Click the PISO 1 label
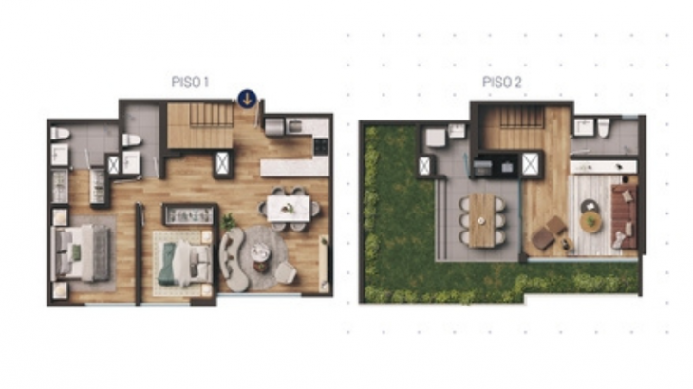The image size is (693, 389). pyautogui.click(x=190, y=83)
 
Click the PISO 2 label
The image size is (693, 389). pyautogui.click(x=501, y=83)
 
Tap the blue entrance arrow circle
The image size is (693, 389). pyautogui.click(x=247, y=99)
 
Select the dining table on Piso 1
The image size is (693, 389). pyautogui.click(x=289, y=208)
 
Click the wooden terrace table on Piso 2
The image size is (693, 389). pyautogui.click(x=481, y=219)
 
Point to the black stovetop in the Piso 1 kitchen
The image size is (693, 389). pyautogui.click(x=321, y=146)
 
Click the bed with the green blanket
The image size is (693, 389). pyautogui.click(x=184, y=263)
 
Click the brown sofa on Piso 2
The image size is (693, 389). pyautogui.click(x=624, y=217)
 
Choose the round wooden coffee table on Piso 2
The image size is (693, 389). pyautogui.click(x=590, y=221)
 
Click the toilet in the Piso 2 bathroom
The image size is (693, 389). pyautogui.click(x=604, y=127)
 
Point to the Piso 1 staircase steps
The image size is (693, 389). pyautogui.click(x=212, y=115)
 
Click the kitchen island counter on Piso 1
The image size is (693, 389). pyautogui.click(x=294, y=167)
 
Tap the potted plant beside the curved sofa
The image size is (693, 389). pyautogui.click(x=229, y=221)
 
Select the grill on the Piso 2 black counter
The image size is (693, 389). pyautogui.click(x=482, y=168)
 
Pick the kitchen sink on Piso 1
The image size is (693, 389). pyautogui.click(x=294, y=127)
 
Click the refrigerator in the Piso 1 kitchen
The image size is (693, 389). pyautogui.click(x=274, y=126)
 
